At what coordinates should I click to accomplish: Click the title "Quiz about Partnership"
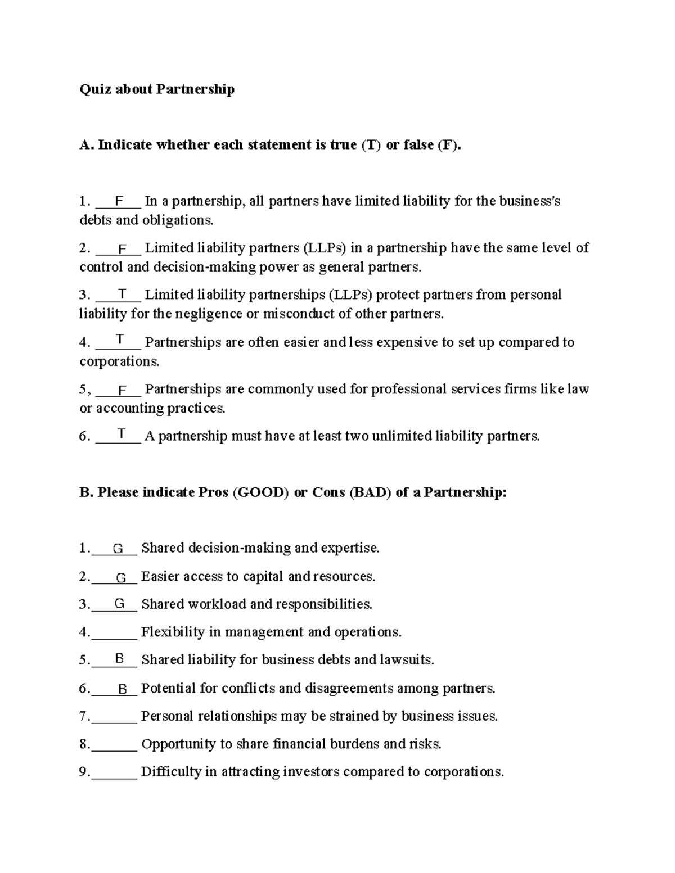coord(157,89)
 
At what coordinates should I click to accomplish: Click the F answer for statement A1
coord(119,201)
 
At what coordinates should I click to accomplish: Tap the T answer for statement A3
coord(122,294)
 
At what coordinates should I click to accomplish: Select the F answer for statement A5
coord(122,390)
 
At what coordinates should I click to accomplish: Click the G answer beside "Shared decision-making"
coord(118,549)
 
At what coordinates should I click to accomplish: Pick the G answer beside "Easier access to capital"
coord(121,577)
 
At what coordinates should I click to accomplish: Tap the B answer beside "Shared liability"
coord(119,658)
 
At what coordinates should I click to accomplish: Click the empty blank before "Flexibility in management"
coord(114,634)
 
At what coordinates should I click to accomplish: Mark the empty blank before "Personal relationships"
coord(114,717)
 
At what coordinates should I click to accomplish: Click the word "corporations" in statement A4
coord(119,361)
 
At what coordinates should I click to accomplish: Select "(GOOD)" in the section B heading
coord(261,493)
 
